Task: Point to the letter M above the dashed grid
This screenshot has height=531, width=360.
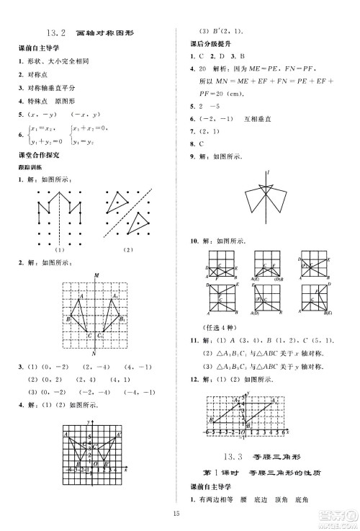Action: (96, 275)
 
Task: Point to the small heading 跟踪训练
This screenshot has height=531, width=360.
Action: (31, 166)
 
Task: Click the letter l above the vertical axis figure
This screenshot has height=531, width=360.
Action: (267, 172)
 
